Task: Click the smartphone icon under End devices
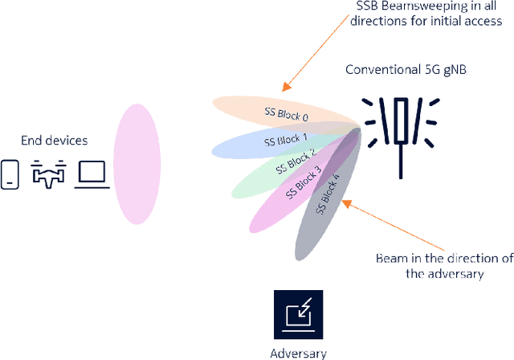[10, 174]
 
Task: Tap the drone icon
[47, 174]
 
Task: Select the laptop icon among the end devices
[92, 174]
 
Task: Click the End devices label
[55, 141]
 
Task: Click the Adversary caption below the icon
[299, 352]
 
